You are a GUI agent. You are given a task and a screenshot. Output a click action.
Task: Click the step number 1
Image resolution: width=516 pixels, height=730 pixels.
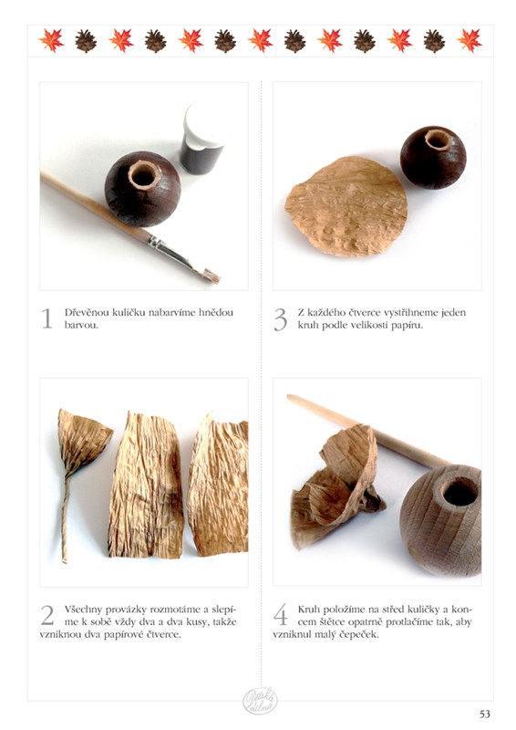47,318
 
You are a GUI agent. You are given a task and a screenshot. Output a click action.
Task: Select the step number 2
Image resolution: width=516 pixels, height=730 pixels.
47,615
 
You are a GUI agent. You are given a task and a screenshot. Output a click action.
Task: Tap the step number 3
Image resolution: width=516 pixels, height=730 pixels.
281,318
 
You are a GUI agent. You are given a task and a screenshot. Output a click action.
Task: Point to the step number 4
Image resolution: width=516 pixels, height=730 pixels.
281,615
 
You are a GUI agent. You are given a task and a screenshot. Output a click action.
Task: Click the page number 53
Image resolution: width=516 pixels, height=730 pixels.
485,714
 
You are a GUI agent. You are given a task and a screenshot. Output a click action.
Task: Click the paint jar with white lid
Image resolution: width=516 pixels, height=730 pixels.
202,139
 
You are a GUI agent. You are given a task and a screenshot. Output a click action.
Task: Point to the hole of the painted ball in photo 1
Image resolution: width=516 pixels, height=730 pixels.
142,175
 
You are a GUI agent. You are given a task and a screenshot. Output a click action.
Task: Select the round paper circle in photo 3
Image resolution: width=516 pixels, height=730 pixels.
346,207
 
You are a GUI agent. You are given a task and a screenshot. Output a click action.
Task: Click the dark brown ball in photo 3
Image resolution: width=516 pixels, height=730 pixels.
433,157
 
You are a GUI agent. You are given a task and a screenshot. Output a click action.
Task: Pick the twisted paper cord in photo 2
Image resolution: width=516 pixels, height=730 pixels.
77,480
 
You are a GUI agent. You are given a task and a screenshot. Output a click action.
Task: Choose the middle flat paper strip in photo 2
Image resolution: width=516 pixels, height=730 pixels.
146,485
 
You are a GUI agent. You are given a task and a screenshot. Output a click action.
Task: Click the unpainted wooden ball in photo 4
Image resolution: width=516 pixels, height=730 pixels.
440,519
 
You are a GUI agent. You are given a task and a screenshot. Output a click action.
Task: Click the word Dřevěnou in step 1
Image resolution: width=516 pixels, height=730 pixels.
86,312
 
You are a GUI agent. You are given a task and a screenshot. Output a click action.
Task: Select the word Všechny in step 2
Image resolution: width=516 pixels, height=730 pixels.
83,609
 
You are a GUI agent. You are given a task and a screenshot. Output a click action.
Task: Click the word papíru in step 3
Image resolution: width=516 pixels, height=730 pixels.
408,326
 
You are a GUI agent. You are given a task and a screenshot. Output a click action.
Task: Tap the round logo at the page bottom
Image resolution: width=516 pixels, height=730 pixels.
260,702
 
